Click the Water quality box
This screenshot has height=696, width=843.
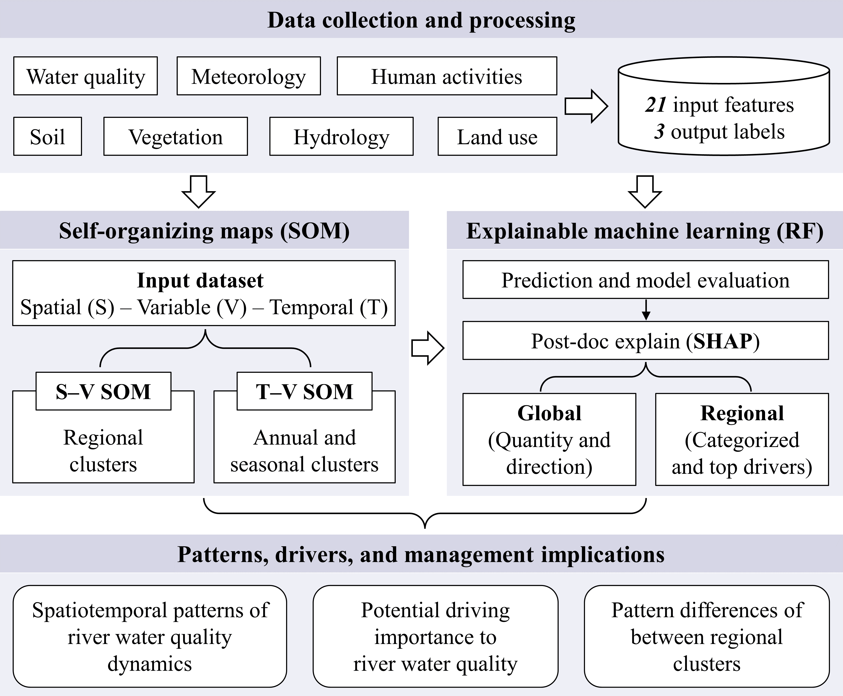(85, 76)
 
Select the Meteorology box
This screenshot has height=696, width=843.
(248, 76)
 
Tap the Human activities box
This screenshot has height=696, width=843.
(447, 76)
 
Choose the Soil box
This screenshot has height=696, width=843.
(47, 137)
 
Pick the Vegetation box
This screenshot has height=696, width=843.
(176, 137)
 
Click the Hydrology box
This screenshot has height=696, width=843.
(341, 137)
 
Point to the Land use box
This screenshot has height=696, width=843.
(497, 137)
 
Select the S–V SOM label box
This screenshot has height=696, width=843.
(103, 391)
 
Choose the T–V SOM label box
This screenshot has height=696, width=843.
(304, 391)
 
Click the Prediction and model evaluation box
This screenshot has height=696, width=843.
(645, 280)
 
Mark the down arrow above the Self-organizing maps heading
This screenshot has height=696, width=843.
(199, 192)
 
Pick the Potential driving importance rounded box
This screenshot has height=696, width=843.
(436, 637)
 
